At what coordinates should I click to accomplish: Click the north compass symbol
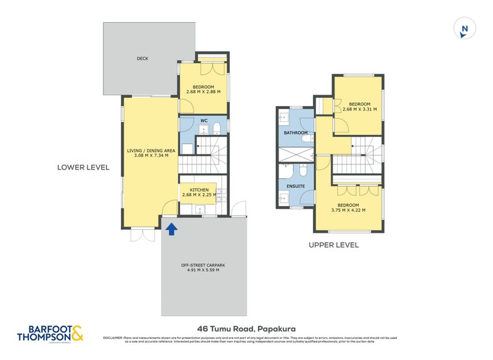pyautogui.click(x=465, y=29)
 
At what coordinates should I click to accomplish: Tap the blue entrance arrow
pyautogui.click(x=171, y=229)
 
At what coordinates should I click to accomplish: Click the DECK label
pyautogui.click(x=142, y=59)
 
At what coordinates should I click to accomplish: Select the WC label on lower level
pyautogui.click(x=203, y=120)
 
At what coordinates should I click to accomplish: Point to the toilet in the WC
pyautogui.click(x=217, y=129)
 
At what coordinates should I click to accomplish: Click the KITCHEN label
pyautogui.click(x=199, y=190)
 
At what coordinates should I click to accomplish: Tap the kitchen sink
pyautogui.click(x=200, y=210)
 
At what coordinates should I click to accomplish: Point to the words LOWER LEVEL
pyautogui.click(x=83, y=167)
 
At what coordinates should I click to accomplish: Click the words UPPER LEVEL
pyautogui.click(x=333, y=245)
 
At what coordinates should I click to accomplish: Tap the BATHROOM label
pyautogui.click(x=295, y=133)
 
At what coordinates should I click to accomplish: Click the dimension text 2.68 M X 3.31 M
pyautogui.click(x=359, y=109)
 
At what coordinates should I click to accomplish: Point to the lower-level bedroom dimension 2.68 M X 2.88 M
pyautogui.click(x=203, y=92)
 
